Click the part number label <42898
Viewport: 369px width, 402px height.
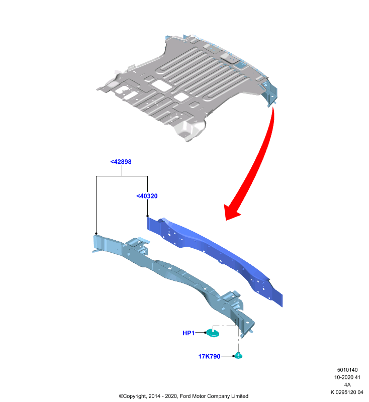(x=121, y=162)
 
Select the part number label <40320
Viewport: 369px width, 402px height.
(x=147, y=196)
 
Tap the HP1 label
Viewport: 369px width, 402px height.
(x=189, y=333)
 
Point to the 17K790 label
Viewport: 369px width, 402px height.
(x=209, y=356)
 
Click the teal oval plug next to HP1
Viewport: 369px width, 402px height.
(x=213, y=333)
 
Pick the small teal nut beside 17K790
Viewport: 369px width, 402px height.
(x=238, y=356)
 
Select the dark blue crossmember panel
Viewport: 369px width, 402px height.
(x=215, y=259)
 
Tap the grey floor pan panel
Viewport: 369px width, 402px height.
(x=185, y=87)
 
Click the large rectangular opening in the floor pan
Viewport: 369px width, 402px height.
(x=161, y=85)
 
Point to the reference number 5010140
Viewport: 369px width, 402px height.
(x=347, y=370)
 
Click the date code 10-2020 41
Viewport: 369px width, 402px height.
(x=347, y=377)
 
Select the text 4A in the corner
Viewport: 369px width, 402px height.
(x=347, y=385)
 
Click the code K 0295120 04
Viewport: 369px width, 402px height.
(x=347, y=392)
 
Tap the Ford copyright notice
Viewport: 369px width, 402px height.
(x=183, y=396)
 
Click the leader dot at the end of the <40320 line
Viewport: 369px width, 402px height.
(x=147, y=216)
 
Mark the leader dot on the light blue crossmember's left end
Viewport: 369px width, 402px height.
(x=96, y=234)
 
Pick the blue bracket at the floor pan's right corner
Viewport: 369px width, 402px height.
(x=270, y=92)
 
